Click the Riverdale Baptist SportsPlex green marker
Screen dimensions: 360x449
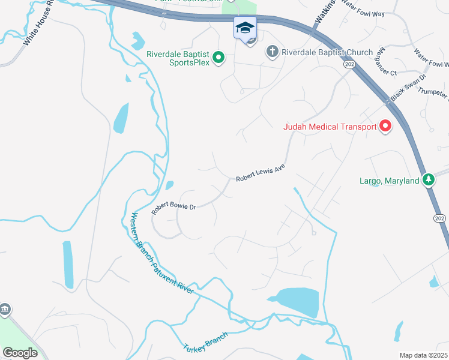tap(219, 58)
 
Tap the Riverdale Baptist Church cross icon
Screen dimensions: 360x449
tap(272, 52)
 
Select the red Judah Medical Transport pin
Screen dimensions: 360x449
tap(385, 127)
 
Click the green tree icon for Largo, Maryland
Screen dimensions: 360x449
tap(428, 179)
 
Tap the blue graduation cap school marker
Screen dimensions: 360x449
tap(245, 28)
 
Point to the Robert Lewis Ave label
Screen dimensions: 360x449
tap(260, 173)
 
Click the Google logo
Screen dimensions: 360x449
tap(20, 352)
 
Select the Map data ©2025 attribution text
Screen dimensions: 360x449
tap(423, 355)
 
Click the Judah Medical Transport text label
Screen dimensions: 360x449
tap(330, 127)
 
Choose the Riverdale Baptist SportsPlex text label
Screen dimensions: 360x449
tap(179, 58)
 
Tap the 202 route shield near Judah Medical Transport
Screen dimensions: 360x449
tap(348, 64)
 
